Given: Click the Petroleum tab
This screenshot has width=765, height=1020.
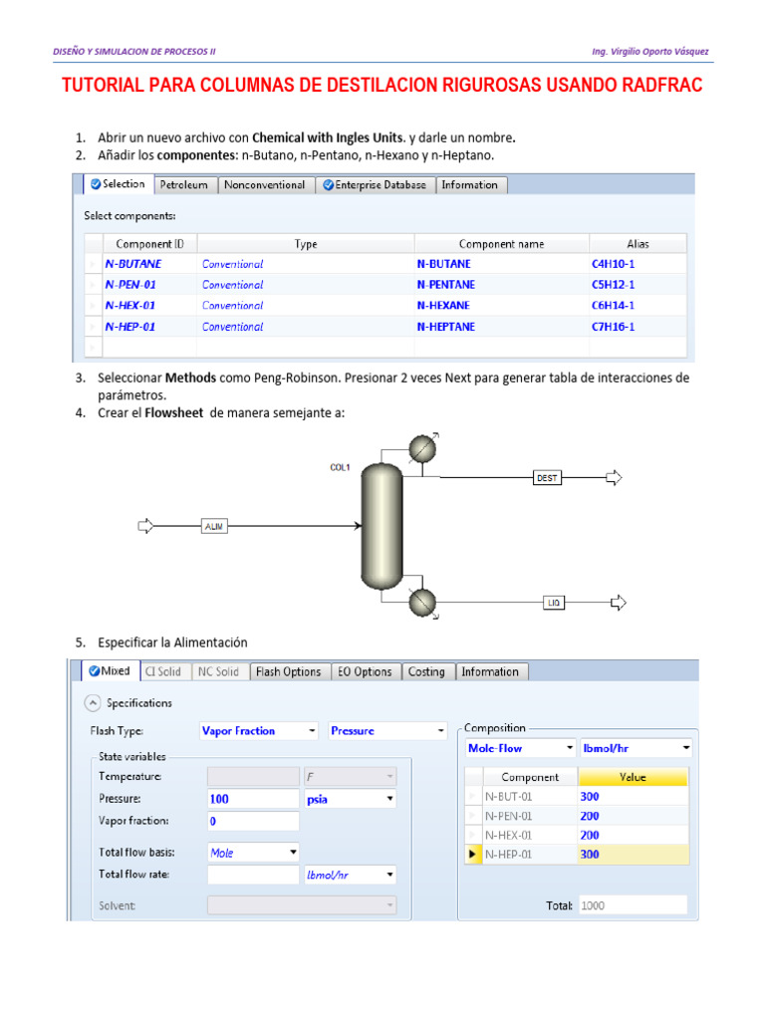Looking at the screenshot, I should pyautogui.click(x=184, y=185).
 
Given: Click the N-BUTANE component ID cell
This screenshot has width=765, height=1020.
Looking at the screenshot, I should pyautogui.click(x=133, y=264).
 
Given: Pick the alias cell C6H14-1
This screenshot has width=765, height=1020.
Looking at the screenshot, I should pyautogui.click(x=613, y=306).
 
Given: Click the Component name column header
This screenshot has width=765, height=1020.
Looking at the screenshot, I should pyautogui.click(x=501, y=244).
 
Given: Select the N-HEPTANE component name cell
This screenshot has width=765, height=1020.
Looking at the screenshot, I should pyautogui.click(x=446, y=327).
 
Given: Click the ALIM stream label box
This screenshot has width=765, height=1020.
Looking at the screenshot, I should pyautogui.click(x=214, y=526).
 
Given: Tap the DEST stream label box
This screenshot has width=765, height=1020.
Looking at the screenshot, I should pyautogui.click(x=548, y=478).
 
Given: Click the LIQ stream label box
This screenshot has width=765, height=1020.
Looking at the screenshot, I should pyautogui.click(x=555, y=603).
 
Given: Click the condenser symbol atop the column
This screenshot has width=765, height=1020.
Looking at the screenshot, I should pyautogui.click(x=423, y=450).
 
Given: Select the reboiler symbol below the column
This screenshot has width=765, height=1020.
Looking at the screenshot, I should pyautogui.click(x=423, y=602).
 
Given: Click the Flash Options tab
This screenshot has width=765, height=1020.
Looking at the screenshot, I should pyautogui.click(x=287, y=672).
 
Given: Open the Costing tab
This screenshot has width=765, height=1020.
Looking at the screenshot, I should pyautogui.click(x=426, y=672).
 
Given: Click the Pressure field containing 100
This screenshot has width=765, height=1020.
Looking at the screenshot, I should pyautogui.click(x=252, y=799).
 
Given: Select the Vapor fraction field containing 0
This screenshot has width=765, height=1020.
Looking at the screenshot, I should pyautogui.click(x=252, y=822).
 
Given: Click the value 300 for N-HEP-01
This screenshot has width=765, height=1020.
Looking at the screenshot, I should pyautogui.click(x=633, y=854).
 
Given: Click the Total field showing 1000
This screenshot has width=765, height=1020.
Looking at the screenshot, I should pyautogui.click(x=633, y=905).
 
